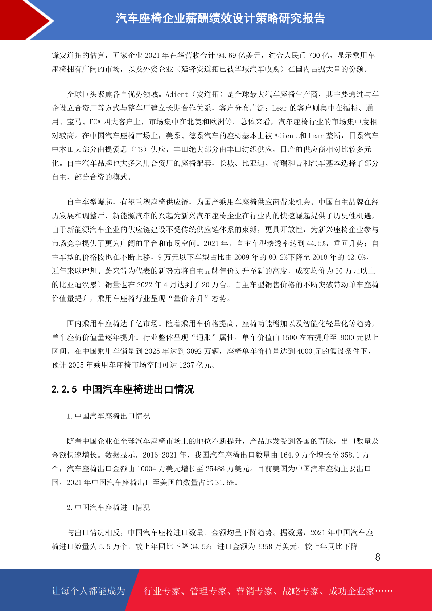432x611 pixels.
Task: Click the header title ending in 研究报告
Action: [x=220, y=18]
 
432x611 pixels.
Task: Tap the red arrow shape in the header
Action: [x=25, y=20]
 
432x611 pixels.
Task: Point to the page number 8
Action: [x=378, y=557]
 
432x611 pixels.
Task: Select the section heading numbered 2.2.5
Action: [x=123, y=390]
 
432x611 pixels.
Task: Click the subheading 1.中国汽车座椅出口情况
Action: [x=108, y=416]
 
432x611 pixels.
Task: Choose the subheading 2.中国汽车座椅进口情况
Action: [x=108, y=508]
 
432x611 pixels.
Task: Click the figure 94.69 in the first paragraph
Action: [x=226, y=56]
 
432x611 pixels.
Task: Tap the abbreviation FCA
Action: [x=95, y=122]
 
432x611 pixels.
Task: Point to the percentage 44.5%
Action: [x=316, y=243]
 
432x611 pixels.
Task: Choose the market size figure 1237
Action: [x=186, y=365]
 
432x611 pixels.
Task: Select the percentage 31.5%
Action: [x=225, y=483]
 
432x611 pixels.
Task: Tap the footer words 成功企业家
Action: [x=351, y=591]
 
